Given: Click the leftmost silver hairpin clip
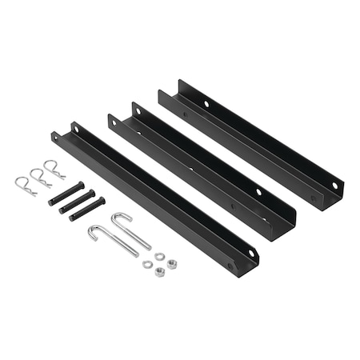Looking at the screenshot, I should (x=24, y=186).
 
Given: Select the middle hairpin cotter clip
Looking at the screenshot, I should (x=38, y=178).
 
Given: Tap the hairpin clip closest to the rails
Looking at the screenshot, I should (x=54, y=169).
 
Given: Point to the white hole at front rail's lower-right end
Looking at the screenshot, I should (x=250, y=254).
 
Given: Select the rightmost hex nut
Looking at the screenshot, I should (x=171, y=263).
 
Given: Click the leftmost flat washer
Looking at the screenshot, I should (x=147, y=264).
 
